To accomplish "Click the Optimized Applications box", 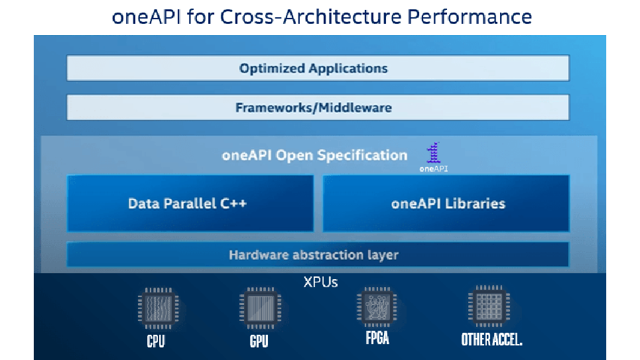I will (318, 68).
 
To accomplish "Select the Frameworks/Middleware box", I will (318, 107).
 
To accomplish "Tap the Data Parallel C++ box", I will (190, 204).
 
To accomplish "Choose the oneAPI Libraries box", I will (446, 204).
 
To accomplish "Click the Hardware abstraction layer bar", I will (318, 255).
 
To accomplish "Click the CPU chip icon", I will (156, 308).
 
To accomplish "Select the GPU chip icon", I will (257, 308).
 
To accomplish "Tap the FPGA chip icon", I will (376, 308).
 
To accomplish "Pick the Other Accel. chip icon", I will (491, 307).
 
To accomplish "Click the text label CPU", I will (156, 341).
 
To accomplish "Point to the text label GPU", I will (257, 341).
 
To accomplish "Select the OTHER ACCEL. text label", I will (491, 339).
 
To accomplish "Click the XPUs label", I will (320, 282).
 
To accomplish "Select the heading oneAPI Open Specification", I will (314, 156).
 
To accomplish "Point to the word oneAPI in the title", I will (145, 16).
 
